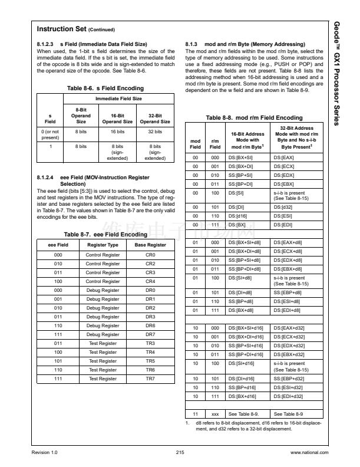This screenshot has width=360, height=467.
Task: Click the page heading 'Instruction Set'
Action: (61, 29)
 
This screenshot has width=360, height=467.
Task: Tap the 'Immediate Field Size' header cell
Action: (119, 98)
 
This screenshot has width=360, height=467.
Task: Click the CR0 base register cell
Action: (150, 255)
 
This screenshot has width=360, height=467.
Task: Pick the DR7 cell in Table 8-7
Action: (150, 334)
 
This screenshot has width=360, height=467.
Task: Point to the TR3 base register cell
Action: (150, 343)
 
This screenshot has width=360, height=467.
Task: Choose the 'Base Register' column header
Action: (150, 244)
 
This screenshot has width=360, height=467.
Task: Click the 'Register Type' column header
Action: (103, 244)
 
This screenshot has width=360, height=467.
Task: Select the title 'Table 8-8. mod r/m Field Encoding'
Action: (254, 118)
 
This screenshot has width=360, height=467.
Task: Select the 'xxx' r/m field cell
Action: (216, 414)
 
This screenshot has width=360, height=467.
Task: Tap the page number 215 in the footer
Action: (180, 452)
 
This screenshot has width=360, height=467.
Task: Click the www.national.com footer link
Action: (309, 452)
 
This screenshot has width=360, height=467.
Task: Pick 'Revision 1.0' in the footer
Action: (44, 452)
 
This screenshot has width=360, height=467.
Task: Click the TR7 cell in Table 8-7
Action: (150, 379)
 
